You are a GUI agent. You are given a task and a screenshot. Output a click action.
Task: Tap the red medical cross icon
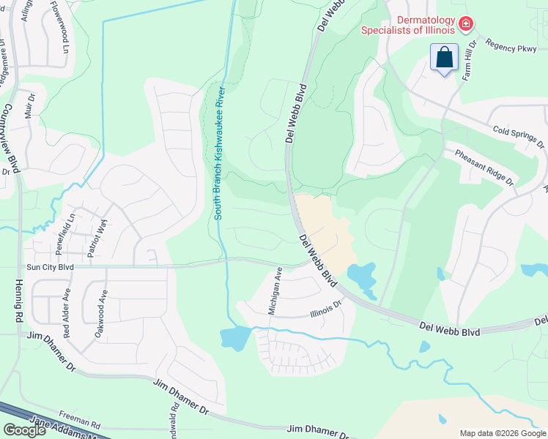464,26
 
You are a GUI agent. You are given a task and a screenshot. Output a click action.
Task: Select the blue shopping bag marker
445,57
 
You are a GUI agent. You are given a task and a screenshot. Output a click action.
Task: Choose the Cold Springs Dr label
519,136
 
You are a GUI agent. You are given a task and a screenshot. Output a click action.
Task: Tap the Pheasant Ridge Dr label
485,168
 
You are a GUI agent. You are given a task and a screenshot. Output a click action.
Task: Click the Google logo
24,430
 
